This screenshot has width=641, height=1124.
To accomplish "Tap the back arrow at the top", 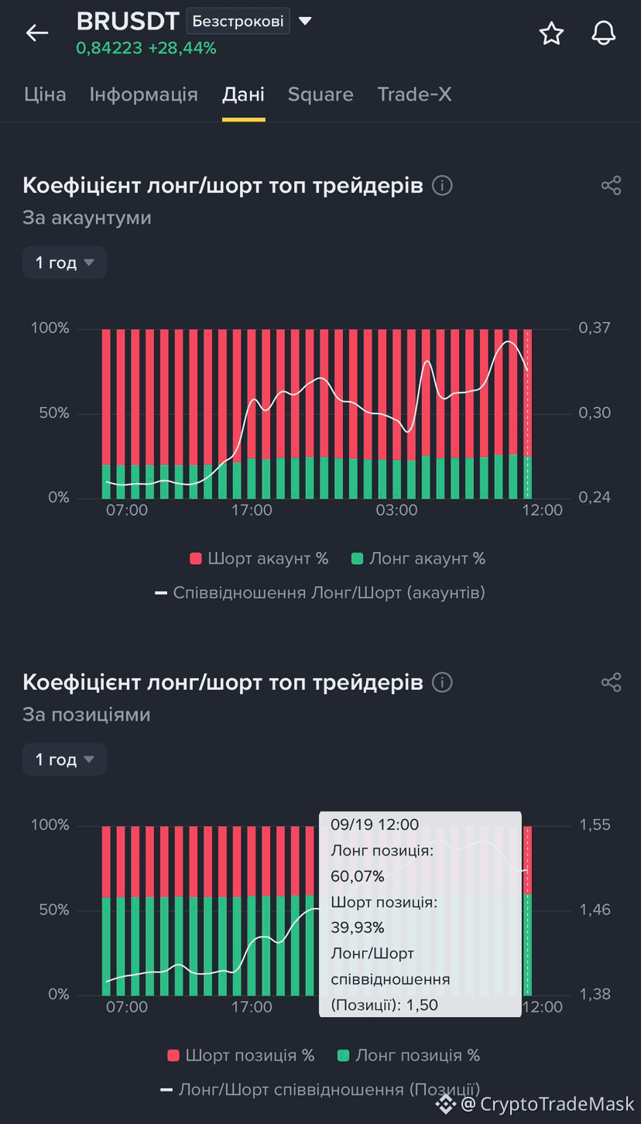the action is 37,33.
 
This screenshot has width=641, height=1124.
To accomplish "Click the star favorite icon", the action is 551,33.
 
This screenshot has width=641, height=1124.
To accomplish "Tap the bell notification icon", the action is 603,33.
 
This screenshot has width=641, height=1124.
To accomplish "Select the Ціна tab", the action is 45,94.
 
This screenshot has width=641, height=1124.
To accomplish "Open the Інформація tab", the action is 143,94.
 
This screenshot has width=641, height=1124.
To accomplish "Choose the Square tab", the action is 320,94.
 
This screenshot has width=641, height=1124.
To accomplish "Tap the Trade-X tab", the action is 415,94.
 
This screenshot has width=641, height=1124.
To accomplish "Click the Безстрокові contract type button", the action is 238,21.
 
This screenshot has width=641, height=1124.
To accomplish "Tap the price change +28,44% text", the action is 182,48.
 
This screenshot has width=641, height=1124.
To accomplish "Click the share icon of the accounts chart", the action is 612,186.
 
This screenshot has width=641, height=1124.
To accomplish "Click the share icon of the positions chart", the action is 612,683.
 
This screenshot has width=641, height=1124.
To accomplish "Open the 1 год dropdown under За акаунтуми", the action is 64,262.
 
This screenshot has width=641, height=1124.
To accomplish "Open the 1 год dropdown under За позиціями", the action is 64,759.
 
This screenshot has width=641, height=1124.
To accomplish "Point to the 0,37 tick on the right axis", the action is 595,327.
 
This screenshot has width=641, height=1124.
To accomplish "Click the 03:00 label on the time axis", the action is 396,510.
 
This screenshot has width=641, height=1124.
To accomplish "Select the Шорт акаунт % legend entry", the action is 259,558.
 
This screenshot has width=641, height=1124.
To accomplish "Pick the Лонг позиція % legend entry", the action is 409,1055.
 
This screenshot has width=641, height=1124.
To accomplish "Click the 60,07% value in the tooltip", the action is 358,876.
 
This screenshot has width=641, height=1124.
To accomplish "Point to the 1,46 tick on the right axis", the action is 595,910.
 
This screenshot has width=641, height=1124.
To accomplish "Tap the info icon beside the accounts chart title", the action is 442,186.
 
